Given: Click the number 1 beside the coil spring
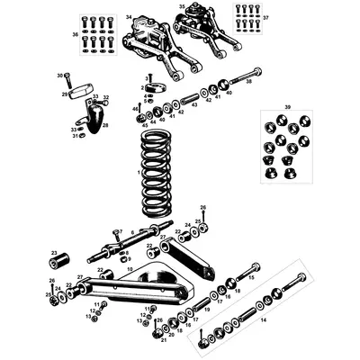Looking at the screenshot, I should [x=138, y=172].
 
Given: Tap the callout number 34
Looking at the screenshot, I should [x=129, y=17].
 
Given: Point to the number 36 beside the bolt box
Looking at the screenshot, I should [x=75, y=34].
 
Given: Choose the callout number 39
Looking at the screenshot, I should [x=287, y=106].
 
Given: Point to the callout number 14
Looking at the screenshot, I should [x=263, y=319].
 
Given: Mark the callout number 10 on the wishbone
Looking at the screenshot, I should [x=129, y=268].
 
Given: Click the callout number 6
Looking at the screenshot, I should [x=131, y=231].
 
